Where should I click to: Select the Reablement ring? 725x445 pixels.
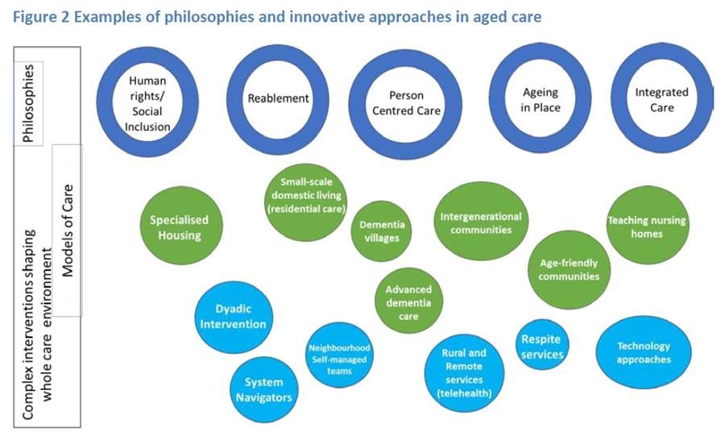click(x=278, y=99)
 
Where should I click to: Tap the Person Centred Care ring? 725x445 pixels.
click(x=405, y=103)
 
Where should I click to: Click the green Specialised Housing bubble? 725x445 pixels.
click(x=179, y=227)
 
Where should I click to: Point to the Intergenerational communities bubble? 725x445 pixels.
click(x=481, y=222)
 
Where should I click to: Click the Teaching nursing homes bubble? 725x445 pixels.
click(x=646, y=227)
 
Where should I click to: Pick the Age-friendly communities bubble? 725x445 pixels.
click(x=570, y=269)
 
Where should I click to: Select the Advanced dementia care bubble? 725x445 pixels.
click(x=408, y=302)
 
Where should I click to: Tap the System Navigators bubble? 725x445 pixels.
click(x=263, y=389)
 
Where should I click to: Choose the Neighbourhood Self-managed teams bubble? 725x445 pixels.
click(x=339, y=360)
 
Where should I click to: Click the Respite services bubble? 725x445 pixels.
click(x=541, y=346)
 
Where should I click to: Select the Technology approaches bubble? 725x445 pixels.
click(x=643, y=352)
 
